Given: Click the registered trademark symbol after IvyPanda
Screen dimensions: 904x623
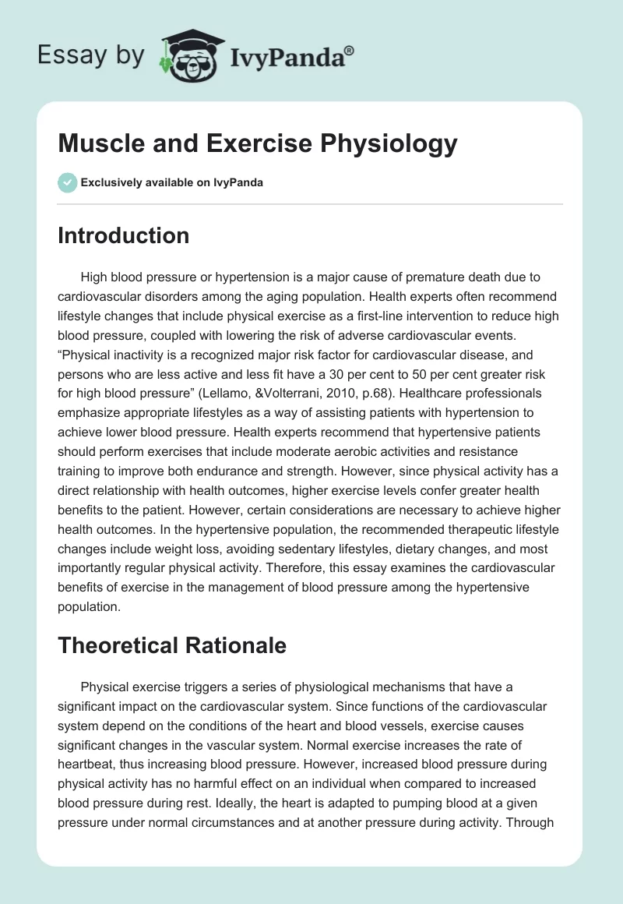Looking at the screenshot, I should [349, 51].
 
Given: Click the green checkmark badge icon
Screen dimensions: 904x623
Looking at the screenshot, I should [67, 182].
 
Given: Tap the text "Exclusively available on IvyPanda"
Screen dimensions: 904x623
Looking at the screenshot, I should [172, 182].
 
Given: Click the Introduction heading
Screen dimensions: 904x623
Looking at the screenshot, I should [123, 235].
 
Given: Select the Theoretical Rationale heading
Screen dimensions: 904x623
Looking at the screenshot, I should [171, 645].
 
